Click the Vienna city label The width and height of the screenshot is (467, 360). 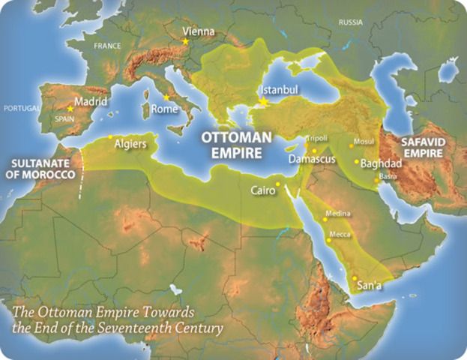199,32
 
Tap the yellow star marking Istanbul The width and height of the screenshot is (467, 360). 263,101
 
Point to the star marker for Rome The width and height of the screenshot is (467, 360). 166,97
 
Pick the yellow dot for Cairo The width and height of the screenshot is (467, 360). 277,184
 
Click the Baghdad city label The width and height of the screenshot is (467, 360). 382,163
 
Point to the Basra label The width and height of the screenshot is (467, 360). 389,176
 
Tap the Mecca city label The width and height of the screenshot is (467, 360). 341,234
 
